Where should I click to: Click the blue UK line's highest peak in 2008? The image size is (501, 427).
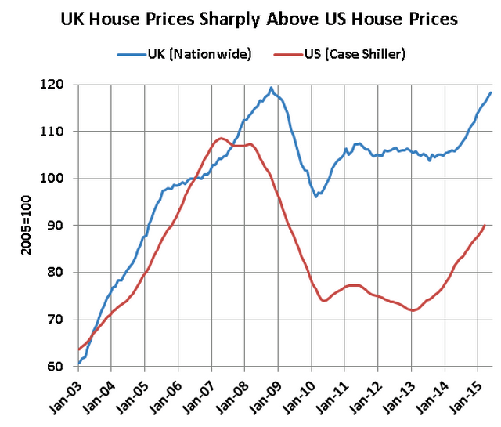pyautogui.click(x=271, y=88)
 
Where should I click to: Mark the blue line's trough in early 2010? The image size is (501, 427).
pyautogui.click(x=316, y=196)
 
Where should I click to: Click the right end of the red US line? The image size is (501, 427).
pyautogui.click(x=485, y=226)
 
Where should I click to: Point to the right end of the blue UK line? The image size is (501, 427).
pyautogui.click(x=491, y=92)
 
